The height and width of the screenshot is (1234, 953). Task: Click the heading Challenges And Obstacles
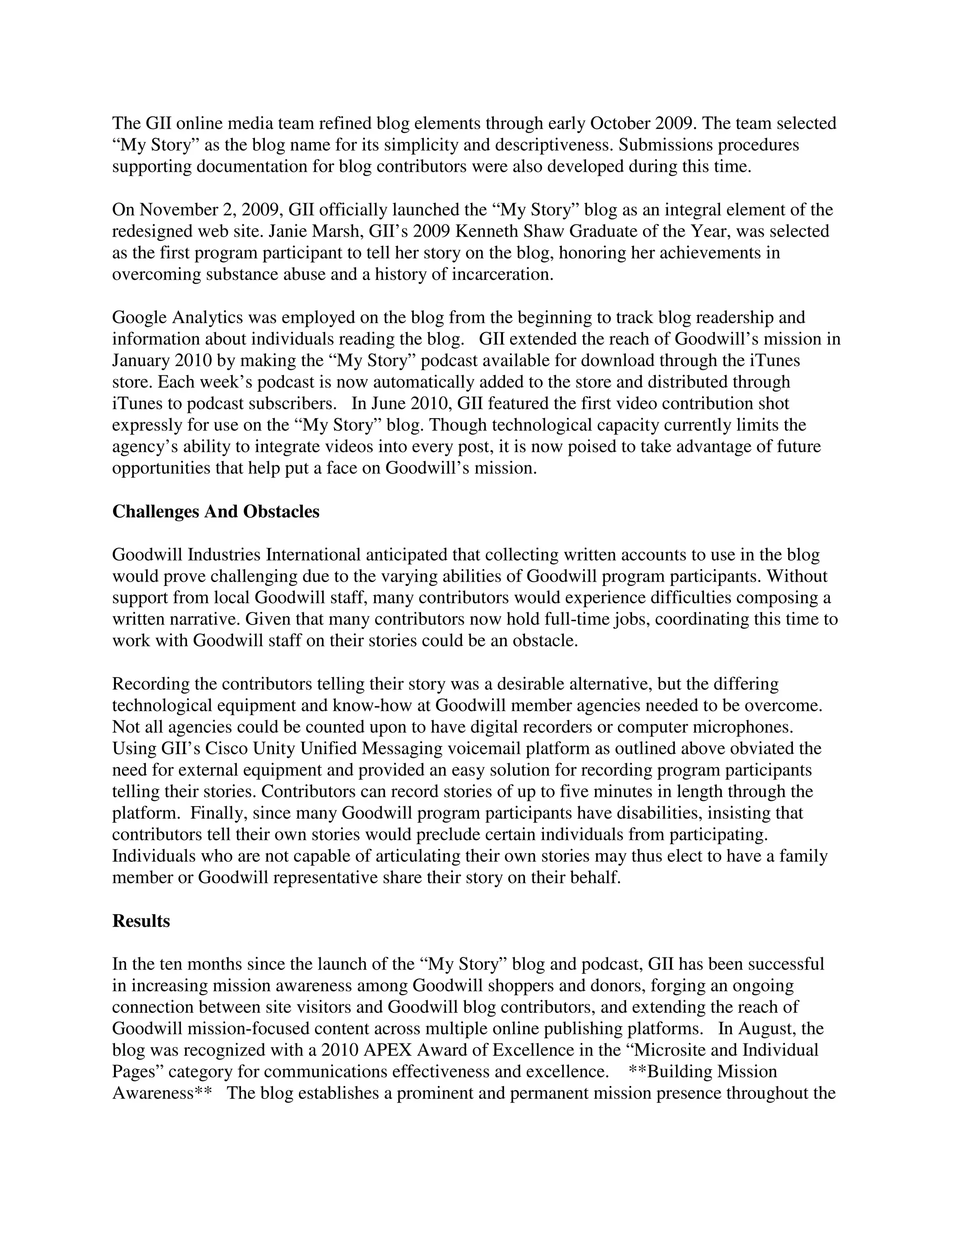[215, 511]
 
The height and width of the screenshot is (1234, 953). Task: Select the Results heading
[141, 921]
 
